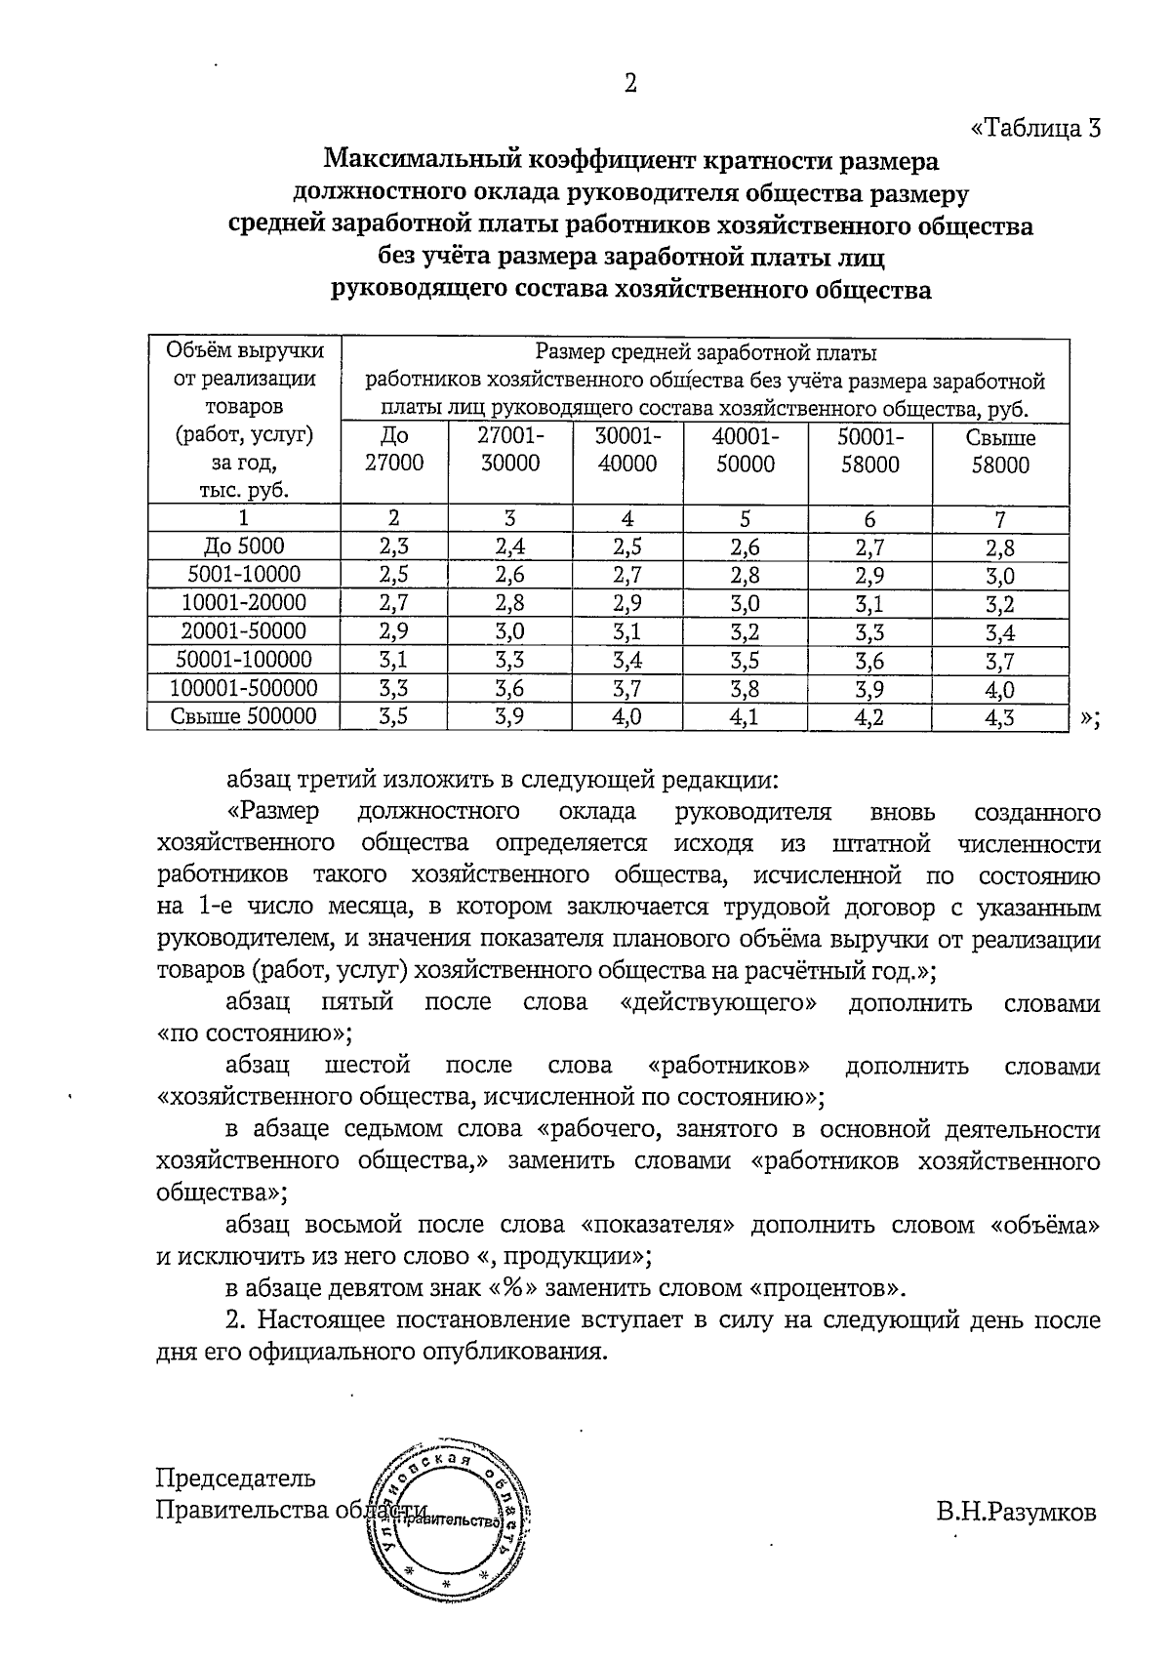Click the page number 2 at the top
(x=630, y=85)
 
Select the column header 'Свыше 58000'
(x=1000, y=451)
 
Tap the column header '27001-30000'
(x=510, y=450)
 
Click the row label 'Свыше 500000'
(x=244, y=717)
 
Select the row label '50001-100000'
(x=244, y=661)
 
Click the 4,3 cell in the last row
(x=1000, y=718)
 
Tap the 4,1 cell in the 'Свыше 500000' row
(x=746, y=718)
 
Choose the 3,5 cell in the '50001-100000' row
(x=746, y=661)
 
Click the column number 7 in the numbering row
(x=1000, y=519)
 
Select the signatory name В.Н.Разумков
(x=1016, y=1513)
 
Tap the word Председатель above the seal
(x=236, y=1478)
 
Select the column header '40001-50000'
(x=746, y=450)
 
